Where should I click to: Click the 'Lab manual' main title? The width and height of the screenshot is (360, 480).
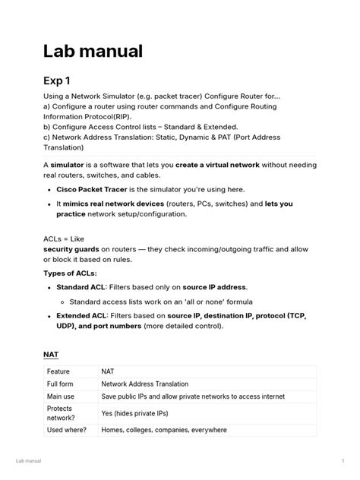[x=93, y=51]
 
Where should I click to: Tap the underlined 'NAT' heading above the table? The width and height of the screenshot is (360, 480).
[x=51, y=354]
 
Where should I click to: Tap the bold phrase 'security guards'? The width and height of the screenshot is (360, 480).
[x=75, y=248]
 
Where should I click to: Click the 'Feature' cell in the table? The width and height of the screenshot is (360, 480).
[x=58, y=371]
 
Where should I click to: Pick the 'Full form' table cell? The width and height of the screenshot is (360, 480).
[x=62, y=384]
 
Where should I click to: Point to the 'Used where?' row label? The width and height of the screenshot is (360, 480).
[x=66, y=430]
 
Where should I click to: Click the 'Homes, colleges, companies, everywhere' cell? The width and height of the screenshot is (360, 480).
[x=164, y=430]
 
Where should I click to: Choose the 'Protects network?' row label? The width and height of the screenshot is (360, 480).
[x=61, y=413]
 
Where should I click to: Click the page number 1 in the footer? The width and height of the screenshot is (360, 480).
[x=343, y=461]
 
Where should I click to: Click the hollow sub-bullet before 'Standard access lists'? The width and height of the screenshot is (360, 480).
[x=62, y=301]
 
